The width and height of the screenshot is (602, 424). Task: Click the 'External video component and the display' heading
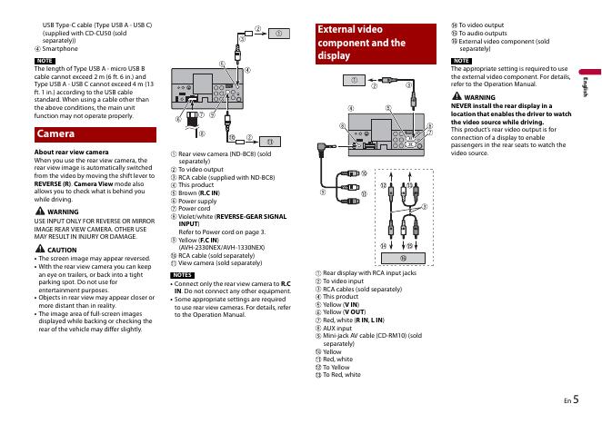click(x=361, y=43)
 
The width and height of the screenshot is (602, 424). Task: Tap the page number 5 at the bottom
click(x=577, y=397)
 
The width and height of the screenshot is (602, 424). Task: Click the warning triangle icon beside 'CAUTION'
click(x=40, y=249)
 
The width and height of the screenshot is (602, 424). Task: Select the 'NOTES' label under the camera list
click(x=181, y=273)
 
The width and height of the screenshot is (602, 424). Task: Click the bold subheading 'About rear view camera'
click(x=71, y=151)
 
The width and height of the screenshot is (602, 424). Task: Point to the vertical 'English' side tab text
click(x=587, y=87)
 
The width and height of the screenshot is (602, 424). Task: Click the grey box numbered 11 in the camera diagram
click(x=268, y=142)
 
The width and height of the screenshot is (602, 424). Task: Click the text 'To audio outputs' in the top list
click(x=484, y=33)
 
